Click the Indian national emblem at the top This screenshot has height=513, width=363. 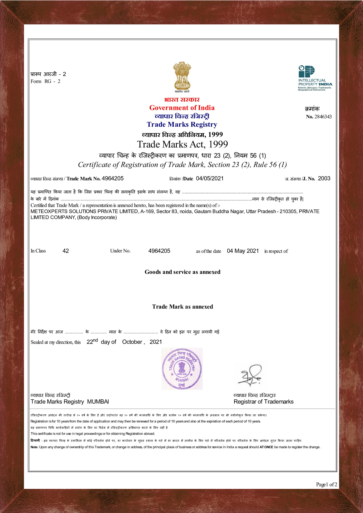[182, 76]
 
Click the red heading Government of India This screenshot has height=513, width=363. [182, 108]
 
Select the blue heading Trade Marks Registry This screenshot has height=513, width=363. [182, 124]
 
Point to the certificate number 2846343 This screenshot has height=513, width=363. [323, 117]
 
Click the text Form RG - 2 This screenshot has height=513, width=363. [45, 81]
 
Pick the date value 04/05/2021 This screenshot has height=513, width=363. [210, 179]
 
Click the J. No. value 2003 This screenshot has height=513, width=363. [324, 179]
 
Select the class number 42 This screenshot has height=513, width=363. [66, 251]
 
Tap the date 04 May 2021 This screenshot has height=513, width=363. [243, 251]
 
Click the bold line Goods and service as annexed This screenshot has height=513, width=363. [182, 272]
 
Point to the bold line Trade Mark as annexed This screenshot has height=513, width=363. [182, 307]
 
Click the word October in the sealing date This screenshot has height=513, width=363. [132, 342]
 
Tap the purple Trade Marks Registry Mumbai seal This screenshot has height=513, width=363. [182, 369]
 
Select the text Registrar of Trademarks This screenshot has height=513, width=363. [263, 402]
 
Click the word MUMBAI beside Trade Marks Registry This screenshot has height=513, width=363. [98, 402]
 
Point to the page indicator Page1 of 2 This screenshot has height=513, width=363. [327, 484]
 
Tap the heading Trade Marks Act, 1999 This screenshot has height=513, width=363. [182, 144]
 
